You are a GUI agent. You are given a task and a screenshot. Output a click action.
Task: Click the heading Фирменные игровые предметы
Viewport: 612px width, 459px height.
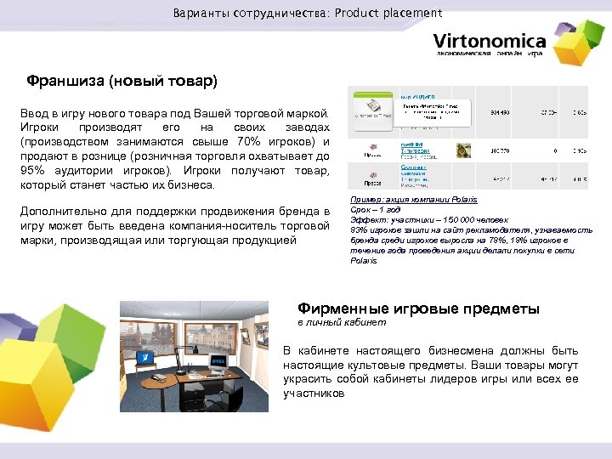click(x=418, y=309)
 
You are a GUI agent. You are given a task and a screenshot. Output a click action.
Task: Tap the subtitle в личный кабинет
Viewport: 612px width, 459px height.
click(x=341, y=323)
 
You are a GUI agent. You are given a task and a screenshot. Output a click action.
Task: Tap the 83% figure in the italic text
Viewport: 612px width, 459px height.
click(x=358, y=229)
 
